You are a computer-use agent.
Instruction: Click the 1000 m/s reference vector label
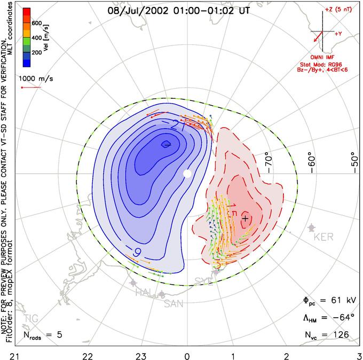tap(37, 78)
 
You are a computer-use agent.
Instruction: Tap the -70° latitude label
tap(269, 160)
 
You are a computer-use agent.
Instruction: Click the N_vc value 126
tap(341, 334)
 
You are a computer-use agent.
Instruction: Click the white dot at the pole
tap(187, 174)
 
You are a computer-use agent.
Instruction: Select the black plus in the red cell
tap(245, 218)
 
